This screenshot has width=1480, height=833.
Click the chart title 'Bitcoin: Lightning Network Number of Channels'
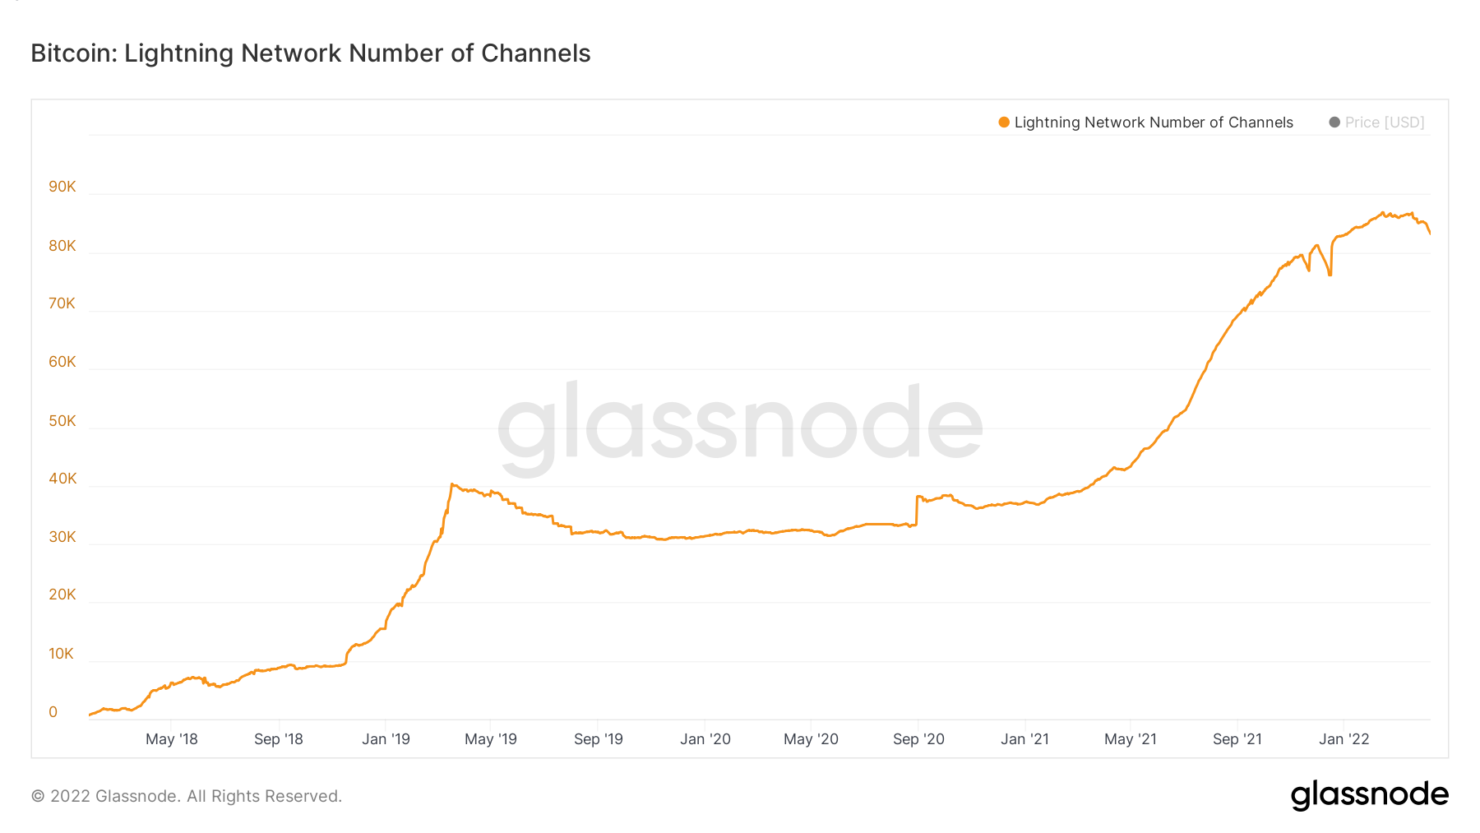point(310,53)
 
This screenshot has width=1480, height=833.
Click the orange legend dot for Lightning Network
point(1003,123)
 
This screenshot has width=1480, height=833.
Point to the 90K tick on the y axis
point(62,187)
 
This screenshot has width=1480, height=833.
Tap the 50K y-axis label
point(62,421)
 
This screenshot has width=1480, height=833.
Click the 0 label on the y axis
point(53,712)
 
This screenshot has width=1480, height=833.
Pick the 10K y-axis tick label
point(62,654)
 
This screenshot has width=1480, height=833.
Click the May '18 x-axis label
point(171,739)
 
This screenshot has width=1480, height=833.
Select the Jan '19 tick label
point(386,739)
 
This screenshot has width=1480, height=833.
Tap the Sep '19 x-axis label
point(598,739)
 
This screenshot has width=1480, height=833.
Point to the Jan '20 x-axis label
point(705,739)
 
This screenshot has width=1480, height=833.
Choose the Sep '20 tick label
point(918,739)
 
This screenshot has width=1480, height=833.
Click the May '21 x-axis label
point(1130,739)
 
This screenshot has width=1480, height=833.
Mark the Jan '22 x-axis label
point(1344,739)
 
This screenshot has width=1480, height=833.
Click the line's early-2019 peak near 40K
point(452,485)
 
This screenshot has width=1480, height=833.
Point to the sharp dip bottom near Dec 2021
point(1330,275)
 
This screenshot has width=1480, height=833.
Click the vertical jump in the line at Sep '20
point(917,510)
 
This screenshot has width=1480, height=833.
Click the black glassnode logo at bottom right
point(1369,795)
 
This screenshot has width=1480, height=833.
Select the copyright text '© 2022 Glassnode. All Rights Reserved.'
point(186,796)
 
